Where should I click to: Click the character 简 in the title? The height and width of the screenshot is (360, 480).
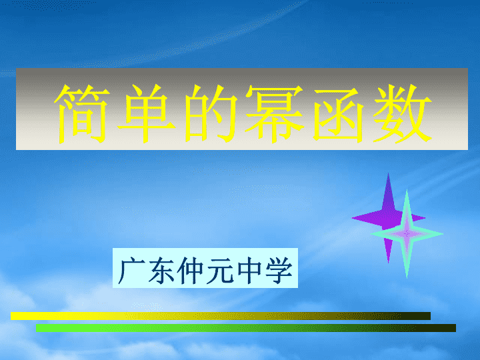pos(82,114)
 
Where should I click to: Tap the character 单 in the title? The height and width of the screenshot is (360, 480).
pos(146,114)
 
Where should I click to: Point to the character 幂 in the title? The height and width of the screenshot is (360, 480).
pos(274,114)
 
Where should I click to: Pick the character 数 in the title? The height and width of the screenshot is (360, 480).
pos(401,114)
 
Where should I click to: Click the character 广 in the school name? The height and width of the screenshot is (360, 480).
pos(131,270)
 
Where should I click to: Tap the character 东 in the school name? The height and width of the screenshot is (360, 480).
pos(161,270)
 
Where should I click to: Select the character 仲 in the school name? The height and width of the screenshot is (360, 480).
pos(191,270)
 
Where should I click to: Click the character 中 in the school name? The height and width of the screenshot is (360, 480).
pos(249,270)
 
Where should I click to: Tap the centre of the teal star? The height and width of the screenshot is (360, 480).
pos(407,234)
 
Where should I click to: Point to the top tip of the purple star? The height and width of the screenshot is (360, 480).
pos(389,173)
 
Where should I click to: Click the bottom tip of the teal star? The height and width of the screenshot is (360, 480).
pos(407,278)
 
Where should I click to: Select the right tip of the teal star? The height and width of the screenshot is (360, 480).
pos(443,234)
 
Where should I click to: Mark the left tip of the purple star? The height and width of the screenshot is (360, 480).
pos(352,218)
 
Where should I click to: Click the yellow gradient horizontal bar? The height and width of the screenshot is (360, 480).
pos(221,316)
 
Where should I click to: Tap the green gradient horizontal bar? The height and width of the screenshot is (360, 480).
pos(246,328)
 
